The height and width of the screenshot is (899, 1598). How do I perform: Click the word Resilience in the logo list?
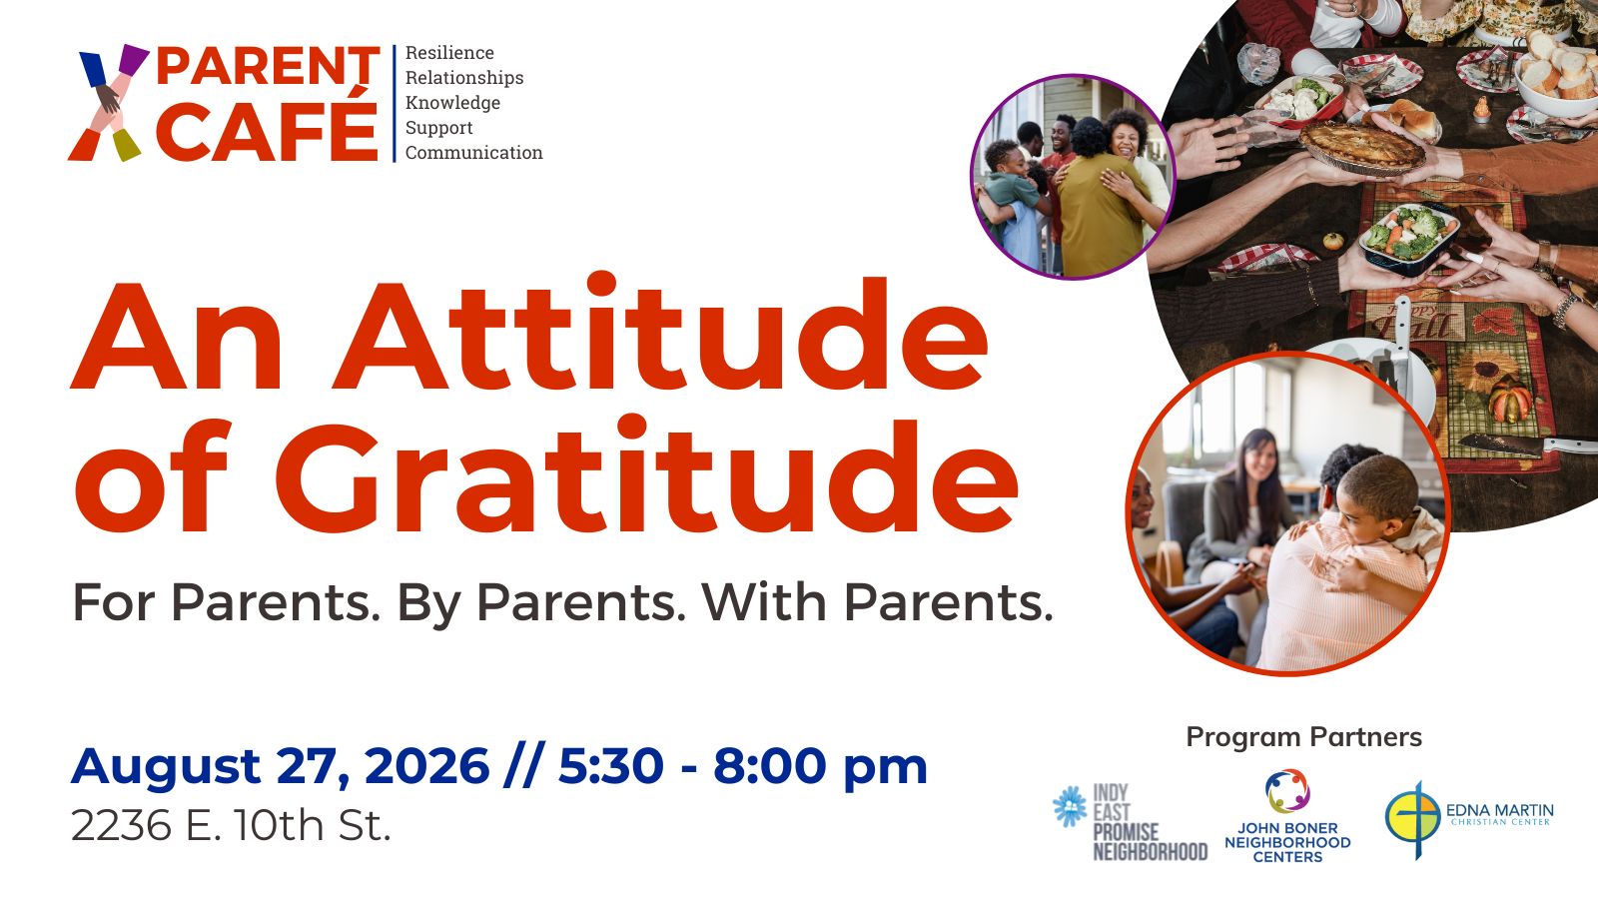[x=449, y=53]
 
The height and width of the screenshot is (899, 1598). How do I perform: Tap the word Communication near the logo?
[x=473, y=153]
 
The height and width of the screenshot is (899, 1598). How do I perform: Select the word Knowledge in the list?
[x=452, y=103]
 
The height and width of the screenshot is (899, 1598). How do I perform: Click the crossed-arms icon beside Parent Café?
[x=108, y=103]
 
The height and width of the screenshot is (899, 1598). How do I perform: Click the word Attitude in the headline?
[x=660, y=337]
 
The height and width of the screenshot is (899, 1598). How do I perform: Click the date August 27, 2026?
[x=280, y=766]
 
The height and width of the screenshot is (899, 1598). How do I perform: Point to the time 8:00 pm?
[x=820, y=766]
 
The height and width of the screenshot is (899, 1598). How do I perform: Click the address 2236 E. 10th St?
[x=231, y=826]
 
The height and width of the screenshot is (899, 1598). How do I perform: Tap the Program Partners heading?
[x=1303, y=737]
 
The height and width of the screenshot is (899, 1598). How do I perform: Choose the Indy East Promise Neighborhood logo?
[x=1130, y=821]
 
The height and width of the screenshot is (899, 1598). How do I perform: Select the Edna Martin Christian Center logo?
[x=1468, y=817]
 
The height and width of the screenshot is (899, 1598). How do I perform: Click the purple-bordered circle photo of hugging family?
[x=1073, y=177]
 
